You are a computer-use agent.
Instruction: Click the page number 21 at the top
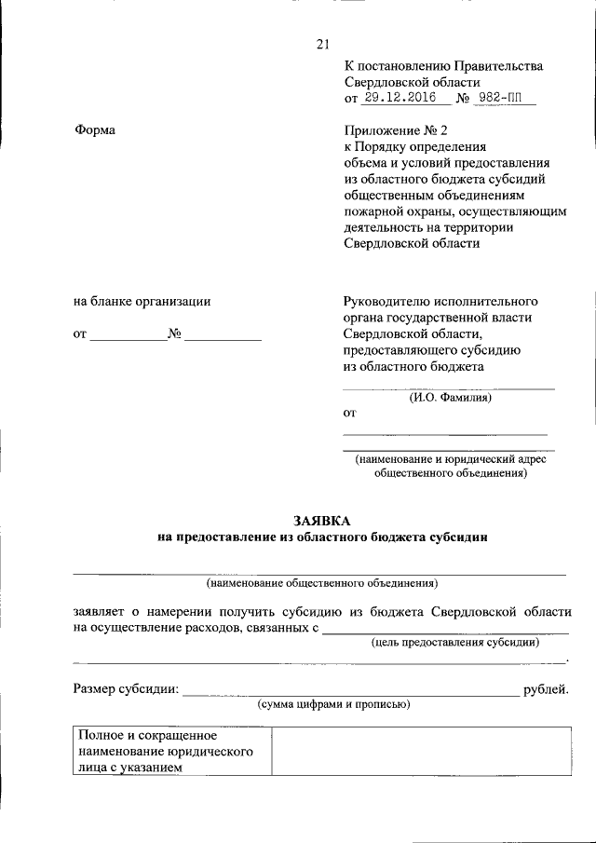[x=323, y=43]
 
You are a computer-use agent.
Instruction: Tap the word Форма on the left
[x=94, y=130]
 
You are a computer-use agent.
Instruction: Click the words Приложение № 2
[x=384, y=130]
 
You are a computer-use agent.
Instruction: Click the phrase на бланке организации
[x=142, y=301]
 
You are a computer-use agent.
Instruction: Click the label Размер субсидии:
[x=126, y=689]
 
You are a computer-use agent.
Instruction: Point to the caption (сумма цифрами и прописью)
[x=334, y=705]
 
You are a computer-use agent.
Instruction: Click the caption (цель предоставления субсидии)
[x=454, y=642]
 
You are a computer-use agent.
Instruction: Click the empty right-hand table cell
[x=419, y=751]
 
